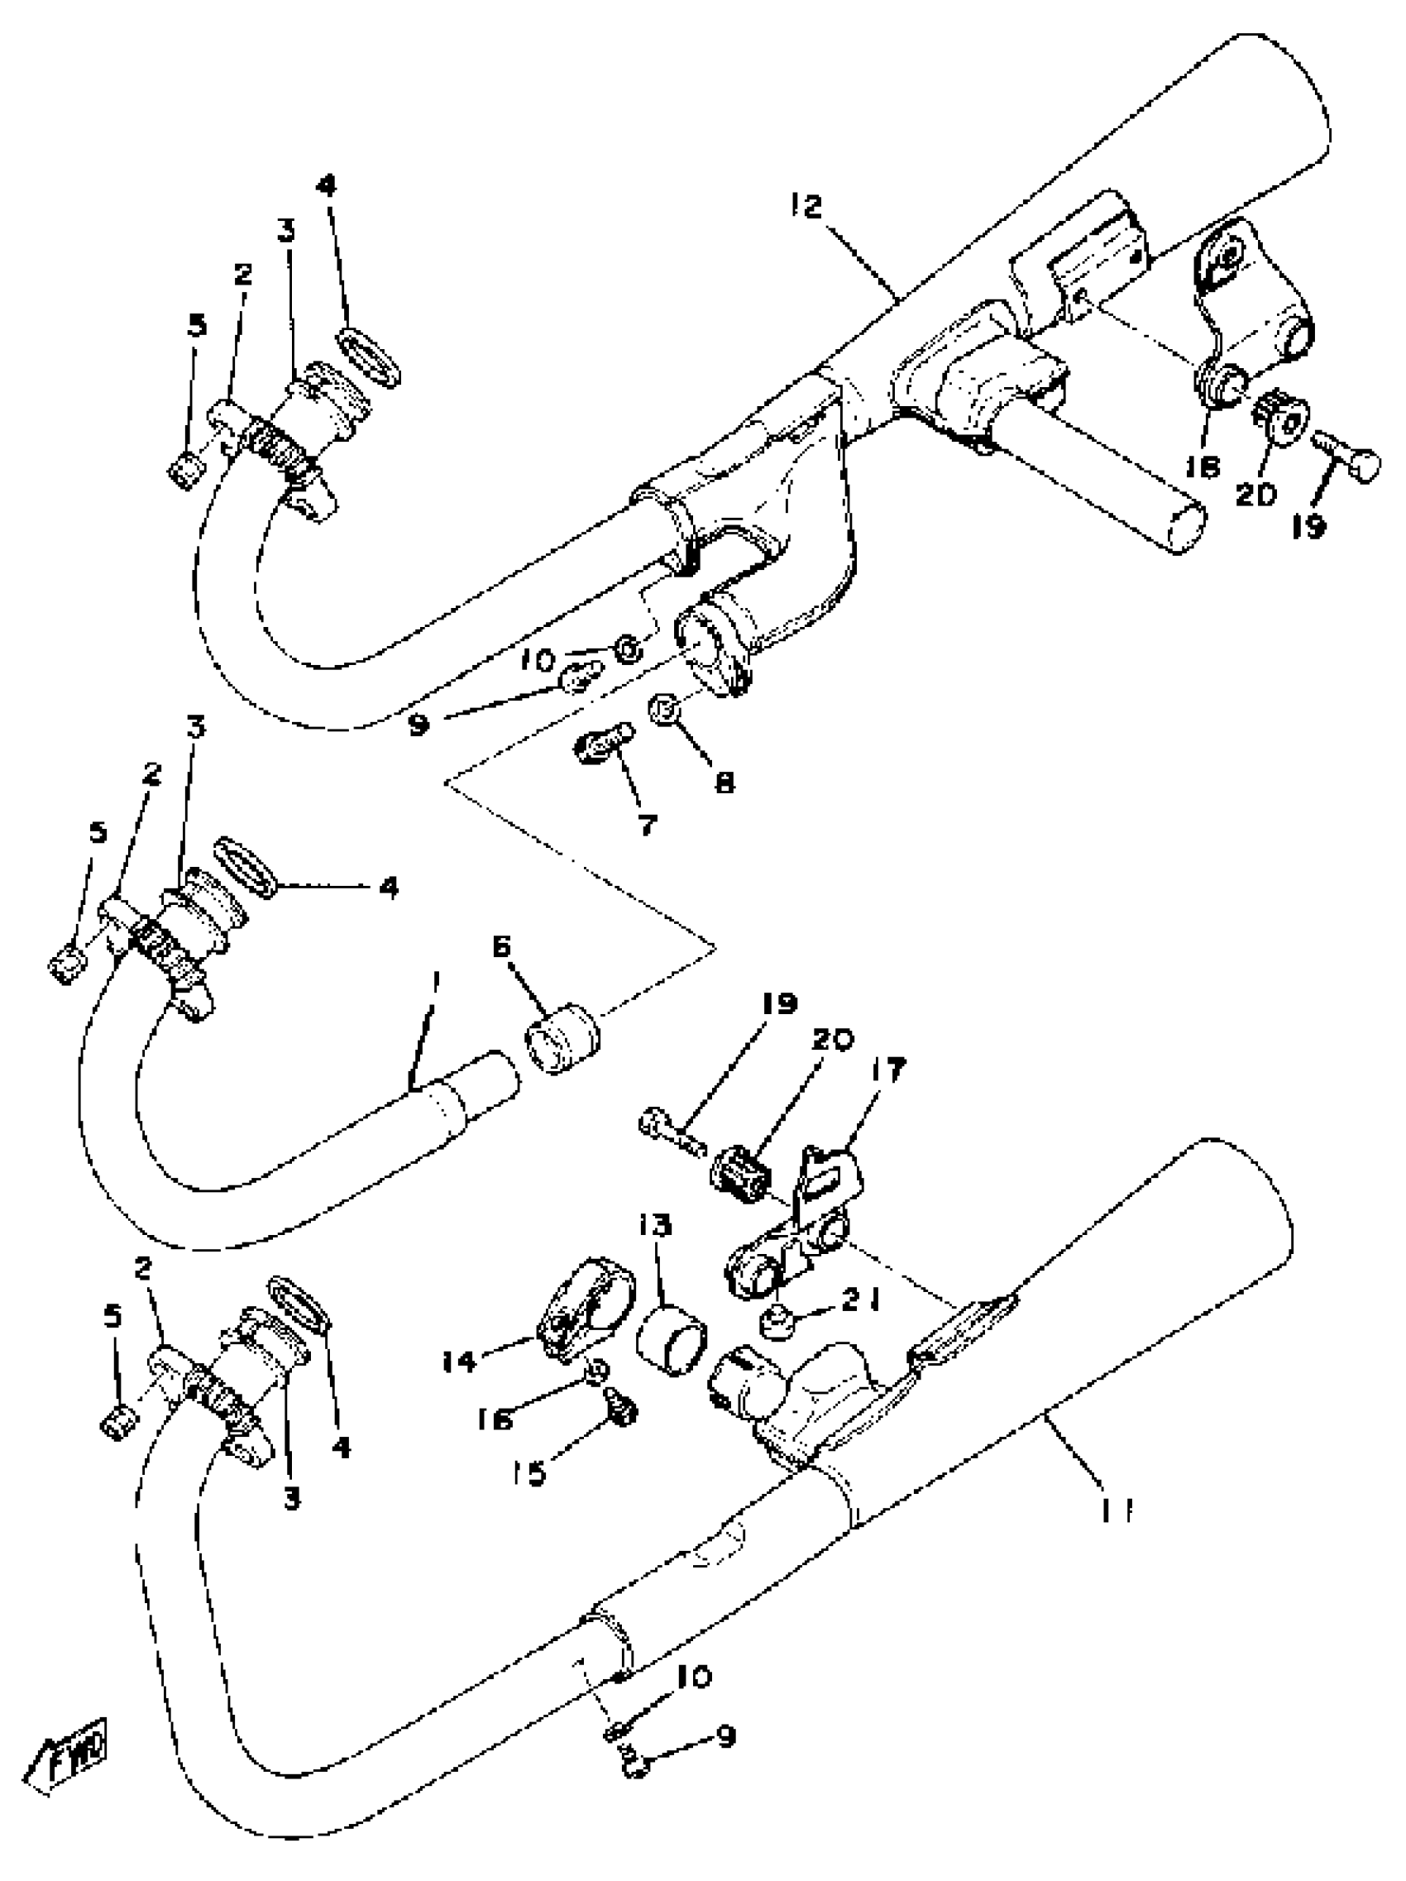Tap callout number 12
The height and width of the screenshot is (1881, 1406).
click(x=806, y=207)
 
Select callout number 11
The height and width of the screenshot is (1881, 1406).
click(x=1117, y=1510)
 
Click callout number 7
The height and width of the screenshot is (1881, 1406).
click(x=647, y=823)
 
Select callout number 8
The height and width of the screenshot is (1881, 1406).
click(x=724, y=783)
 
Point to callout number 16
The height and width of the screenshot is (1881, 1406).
click(x=495, y=1418)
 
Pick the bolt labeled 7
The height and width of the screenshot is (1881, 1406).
click(x=602, y=744)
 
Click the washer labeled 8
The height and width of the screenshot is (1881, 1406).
click(x=664, y=708)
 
